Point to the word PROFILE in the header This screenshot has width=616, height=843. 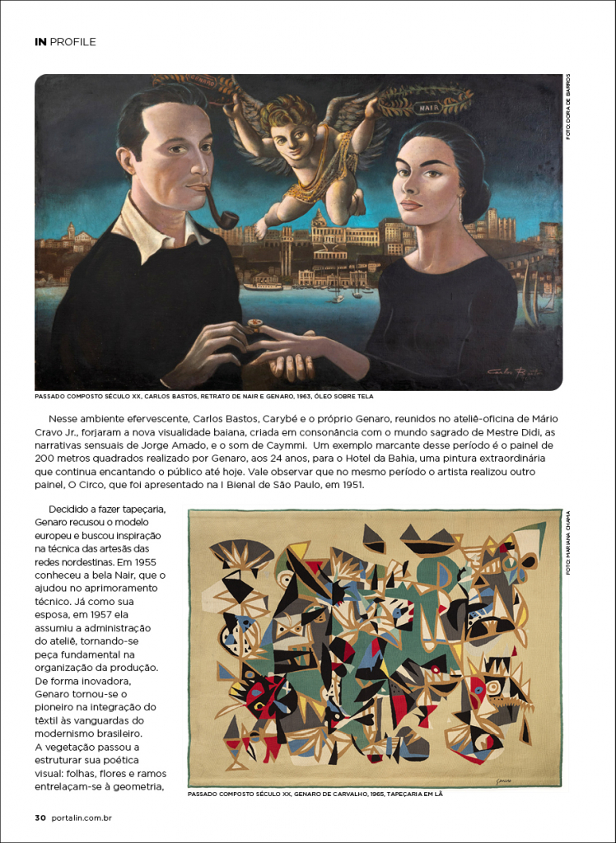pos(73,41)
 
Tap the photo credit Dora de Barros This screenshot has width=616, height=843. pos(567,107)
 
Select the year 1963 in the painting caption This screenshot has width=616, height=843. pos(301,396)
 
